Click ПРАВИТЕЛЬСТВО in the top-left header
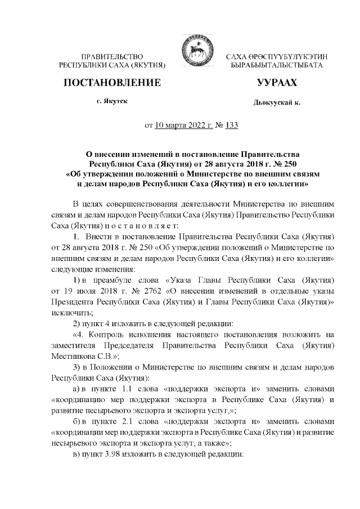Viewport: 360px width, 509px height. (x=112, y=57)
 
